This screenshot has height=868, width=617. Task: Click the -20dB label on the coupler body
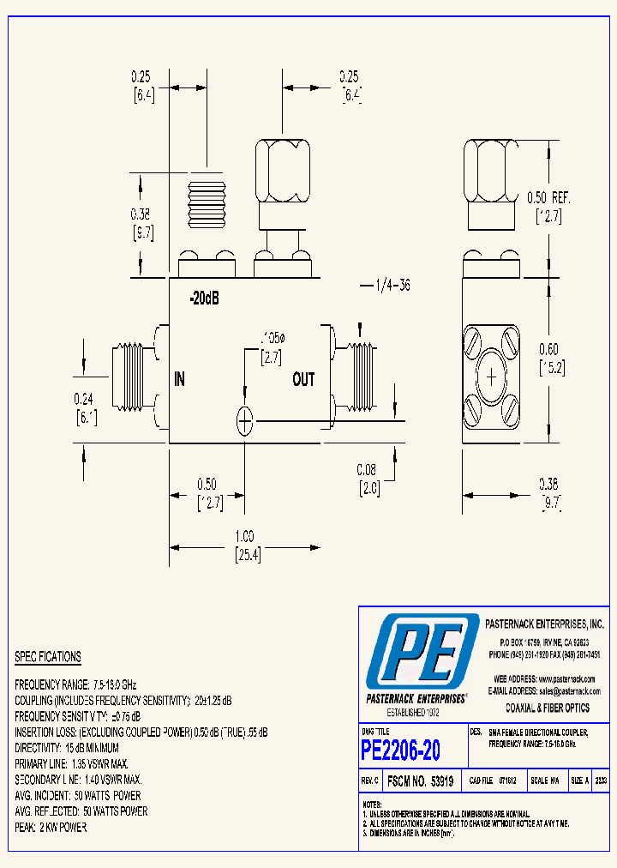tap(204, 300)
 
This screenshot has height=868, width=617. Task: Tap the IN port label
tap(180, 379)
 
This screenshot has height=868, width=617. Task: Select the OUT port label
tap(303, 379)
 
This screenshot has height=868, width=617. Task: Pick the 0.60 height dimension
tap(548, 348)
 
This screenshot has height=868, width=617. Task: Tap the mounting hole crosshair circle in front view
tap(245, 420)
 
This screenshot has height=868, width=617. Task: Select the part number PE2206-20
tap(401, 750)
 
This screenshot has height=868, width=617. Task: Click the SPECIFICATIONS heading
tap(48, 657)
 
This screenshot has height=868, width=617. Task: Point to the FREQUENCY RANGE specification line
tap(75, 685)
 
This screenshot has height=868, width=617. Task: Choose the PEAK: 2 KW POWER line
tap(51, 827)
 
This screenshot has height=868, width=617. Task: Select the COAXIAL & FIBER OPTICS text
tap(548, 708)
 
